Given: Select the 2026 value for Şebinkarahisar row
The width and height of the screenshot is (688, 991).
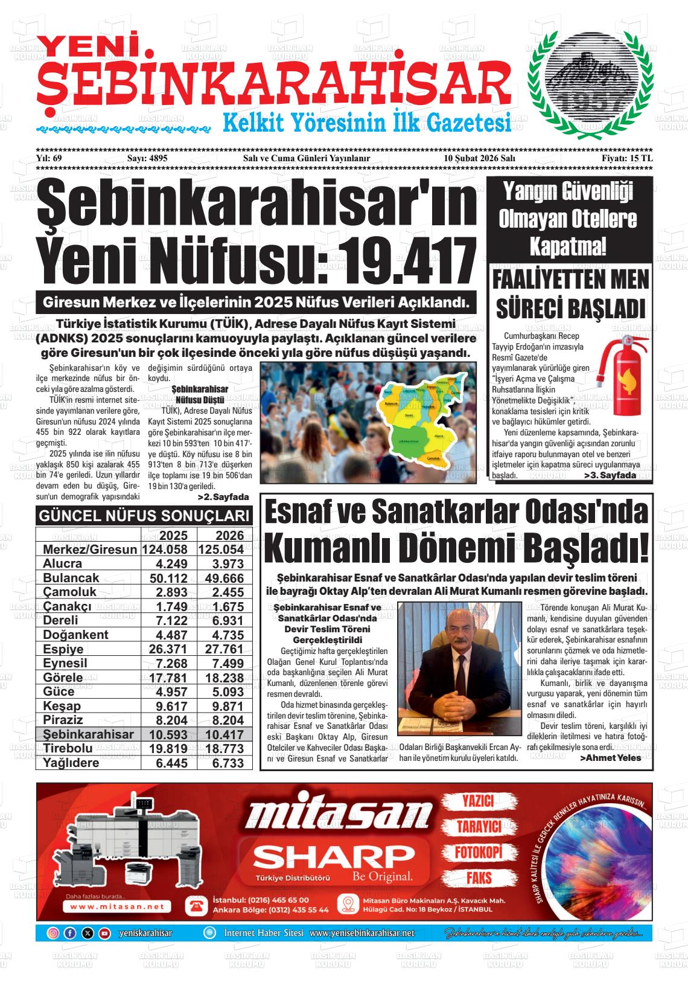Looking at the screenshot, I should [225, 734].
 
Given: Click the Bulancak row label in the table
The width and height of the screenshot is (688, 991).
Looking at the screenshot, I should [71, 578].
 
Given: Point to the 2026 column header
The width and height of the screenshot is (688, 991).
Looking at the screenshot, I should [229, 535].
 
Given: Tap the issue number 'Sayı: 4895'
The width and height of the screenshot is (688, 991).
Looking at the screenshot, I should [147, 158].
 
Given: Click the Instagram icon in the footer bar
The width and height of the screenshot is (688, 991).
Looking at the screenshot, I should [53, 933].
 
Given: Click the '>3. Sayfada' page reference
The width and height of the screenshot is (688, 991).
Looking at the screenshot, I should [610, 476].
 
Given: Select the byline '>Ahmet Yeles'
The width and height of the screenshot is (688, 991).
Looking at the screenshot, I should [610, 758].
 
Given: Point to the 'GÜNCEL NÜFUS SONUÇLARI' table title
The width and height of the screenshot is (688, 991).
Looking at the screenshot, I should [144, 516].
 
